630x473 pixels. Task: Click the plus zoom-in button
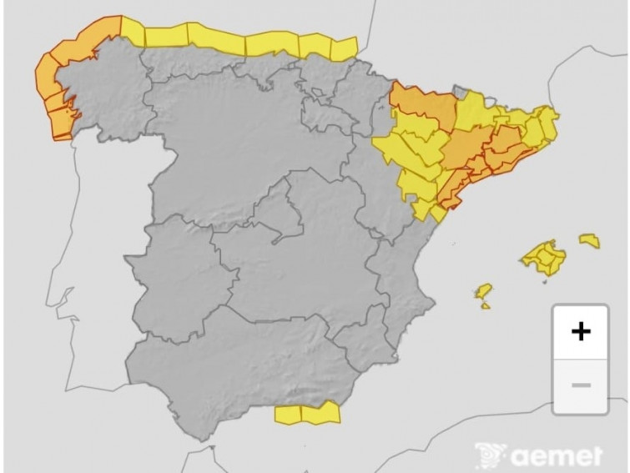coord(581,331)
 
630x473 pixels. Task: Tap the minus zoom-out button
coord(581,385)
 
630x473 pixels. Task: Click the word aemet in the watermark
coord(557,456)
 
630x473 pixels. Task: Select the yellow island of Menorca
coord(589,240)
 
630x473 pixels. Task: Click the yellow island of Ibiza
coord(483,292)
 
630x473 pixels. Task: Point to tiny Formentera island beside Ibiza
coord(486,305)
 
